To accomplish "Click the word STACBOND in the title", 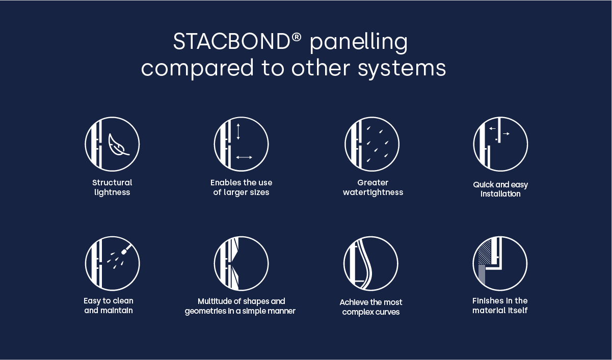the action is coord(231,42).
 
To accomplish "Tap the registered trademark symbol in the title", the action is coord(297,38).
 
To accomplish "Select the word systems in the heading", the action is coord(402,68).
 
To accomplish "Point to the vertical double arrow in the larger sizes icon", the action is coord(238,131).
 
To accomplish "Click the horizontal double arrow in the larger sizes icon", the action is coord(244,157).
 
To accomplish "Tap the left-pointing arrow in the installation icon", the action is coord(492,128).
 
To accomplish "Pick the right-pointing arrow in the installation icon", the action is coord(507,134).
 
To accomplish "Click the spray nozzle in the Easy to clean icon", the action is coord(126,249).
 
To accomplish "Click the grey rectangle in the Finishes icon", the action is coord(482,274).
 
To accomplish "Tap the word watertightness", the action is coord(373,192).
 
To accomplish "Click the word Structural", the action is coord(112,183).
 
